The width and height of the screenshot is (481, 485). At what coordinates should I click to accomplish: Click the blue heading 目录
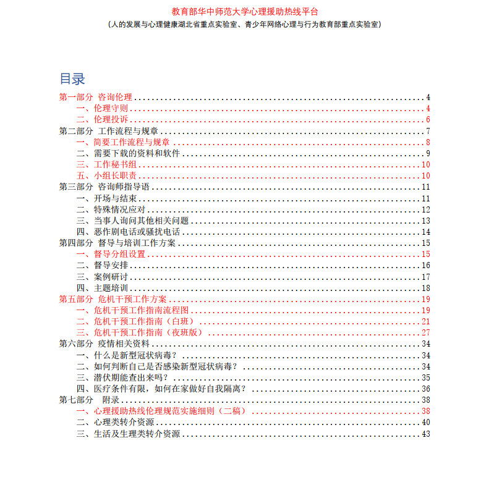point(72,79)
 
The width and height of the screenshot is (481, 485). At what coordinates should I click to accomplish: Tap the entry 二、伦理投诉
point(102,120)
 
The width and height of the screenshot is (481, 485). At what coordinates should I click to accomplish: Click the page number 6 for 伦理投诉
point(427,120)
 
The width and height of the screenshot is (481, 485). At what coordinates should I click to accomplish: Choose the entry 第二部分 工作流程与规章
point(108,131)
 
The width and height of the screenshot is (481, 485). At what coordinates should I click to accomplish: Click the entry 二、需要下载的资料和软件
point(128,153)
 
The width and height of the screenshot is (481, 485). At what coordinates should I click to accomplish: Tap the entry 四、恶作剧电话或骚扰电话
point(128,232)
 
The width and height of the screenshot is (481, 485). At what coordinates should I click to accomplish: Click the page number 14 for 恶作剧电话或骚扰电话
point(425,232)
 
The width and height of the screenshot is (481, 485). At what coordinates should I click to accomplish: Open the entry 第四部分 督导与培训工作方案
point(117,243)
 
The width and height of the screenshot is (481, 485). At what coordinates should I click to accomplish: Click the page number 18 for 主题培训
point(425,288)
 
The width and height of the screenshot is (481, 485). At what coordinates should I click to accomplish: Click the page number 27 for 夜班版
point(425,332)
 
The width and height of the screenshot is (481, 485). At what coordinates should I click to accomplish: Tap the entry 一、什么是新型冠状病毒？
point(126,355)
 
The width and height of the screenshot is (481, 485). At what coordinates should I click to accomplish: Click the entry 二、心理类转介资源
point(115,422)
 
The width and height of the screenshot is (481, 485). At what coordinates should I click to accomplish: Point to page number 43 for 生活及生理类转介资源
point(425,434)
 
